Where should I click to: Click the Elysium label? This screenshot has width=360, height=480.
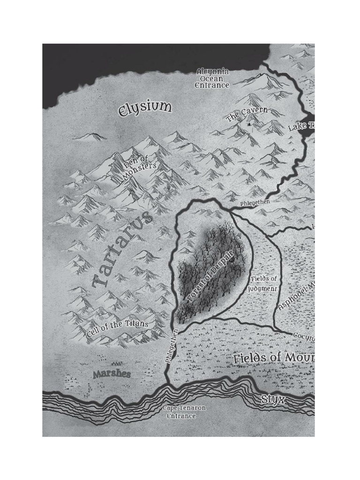(145, 108)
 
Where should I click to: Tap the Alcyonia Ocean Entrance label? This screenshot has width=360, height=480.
(212, 78)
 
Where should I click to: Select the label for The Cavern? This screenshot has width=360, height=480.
(247, 114)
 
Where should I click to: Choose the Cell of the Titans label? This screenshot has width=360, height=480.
(118, 329)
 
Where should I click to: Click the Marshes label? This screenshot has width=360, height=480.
(111, 374)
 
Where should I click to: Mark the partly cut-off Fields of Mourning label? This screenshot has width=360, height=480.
(274, 358)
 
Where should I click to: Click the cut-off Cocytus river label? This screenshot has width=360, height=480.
(304, 336)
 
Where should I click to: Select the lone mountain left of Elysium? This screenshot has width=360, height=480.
(90, 137)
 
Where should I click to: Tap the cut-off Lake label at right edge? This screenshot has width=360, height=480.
(301, 126)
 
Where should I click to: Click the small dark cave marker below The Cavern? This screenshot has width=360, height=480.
(250, 125)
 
